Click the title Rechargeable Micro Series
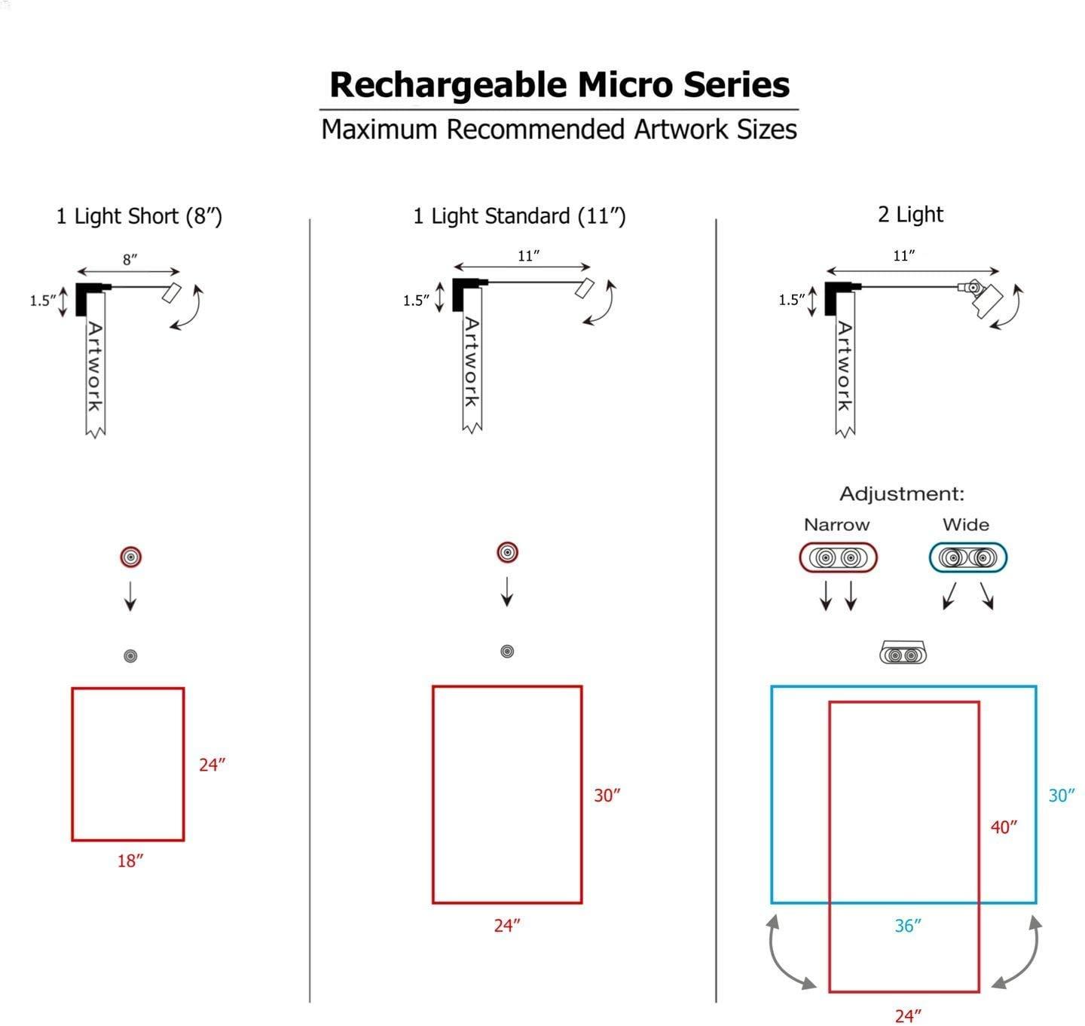tap(559, 84)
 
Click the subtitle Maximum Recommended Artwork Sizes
tap(559, 130)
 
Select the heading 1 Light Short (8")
tap(139, 217)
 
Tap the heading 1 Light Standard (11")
tap(519, 217)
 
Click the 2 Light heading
tap(910, 215)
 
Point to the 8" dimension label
tap(130, 260)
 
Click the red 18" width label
tap(130, 860)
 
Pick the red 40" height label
tap(1004, 827)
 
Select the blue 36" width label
tap(908, 926)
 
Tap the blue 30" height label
tap(1061, 795)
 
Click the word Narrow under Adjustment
tap(836, 525)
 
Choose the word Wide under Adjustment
tap(965, 525)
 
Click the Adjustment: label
tap(902, 494)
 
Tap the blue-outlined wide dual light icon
tap(967, 558)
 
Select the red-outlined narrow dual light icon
tap(838, 558)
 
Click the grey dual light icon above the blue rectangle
tap(903, 653)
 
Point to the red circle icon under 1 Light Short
tap(131, 557)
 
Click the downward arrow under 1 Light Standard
tap(507, 592)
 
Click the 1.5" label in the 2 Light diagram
tap(791, 301)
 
